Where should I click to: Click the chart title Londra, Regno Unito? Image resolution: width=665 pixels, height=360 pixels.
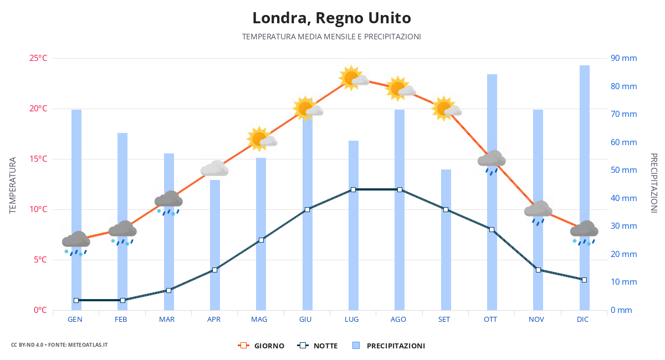tap(331, 18)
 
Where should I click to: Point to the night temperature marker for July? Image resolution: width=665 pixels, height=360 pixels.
tap(353, 189)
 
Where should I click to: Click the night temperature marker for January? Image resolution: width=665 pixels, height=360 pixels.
tap(76, 300)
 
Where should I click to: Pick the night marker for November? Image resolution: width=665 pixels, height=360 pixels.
tap(538, 270)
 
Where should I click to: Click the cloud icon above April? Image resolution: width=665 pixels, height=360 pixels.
tap(214, 168)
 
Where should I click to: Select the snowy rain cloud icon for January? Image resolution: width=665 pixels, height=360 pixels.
tap(76, 243)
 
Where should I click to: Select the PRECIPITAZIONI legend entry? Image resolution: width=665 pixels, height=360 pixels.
tap(389, 346)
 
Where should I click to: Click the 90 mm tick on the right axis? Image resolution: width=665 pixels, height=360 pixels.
tap(623, 58)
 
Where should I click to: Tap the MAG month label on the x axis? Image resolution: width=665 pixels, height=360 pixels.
tap(259, 320)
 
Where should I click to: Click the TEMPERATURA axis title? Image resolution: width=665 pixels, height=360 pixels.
tap(13, 185)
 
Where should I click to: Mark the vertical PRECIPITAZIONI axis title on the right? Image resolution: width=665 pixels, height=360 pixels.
tap(653, 183)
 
